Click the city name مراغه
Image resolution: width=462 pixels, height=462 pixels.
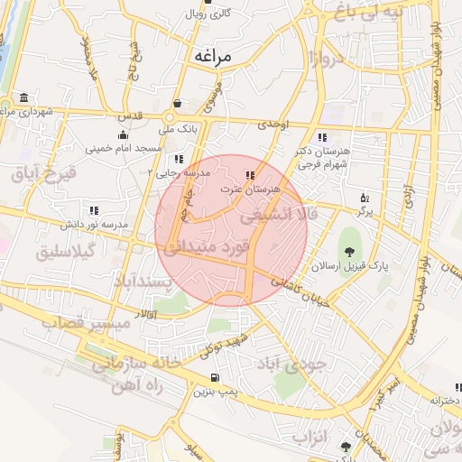pos(211,56)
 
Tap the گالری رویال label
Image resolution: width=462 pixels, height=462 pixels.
pos(208,14)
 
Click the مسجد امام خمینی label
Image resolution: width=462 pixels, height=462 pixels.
pos(123,147)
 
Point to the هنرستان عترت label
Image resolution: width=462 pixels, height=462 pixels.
pos(252,189)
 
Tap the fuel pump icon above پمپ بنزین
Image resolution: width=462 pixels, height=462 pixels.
pos(214,377)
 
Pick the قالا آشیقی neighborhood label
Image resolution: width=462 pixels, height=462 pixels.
pos(280,216)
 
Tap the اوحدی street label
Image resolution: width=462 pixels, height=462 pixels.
pos(271,125)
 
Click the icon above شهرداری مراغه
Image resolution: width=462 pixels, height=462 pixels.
pos(23,97)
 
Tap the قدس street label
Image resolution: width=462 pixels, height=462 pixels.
pos(131,115)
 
